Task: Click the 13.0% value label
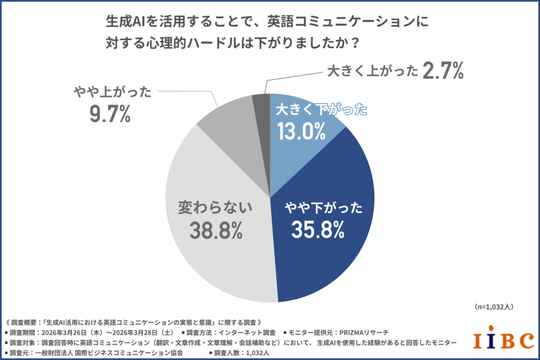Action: point(301,130)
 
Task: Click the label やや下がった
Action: point(323,207)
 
